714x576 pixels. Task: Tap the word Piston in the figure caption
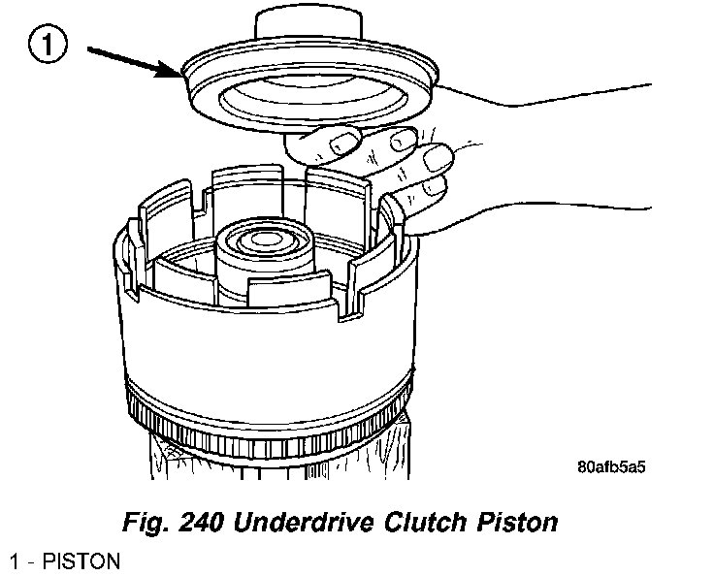click(522, 523)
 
